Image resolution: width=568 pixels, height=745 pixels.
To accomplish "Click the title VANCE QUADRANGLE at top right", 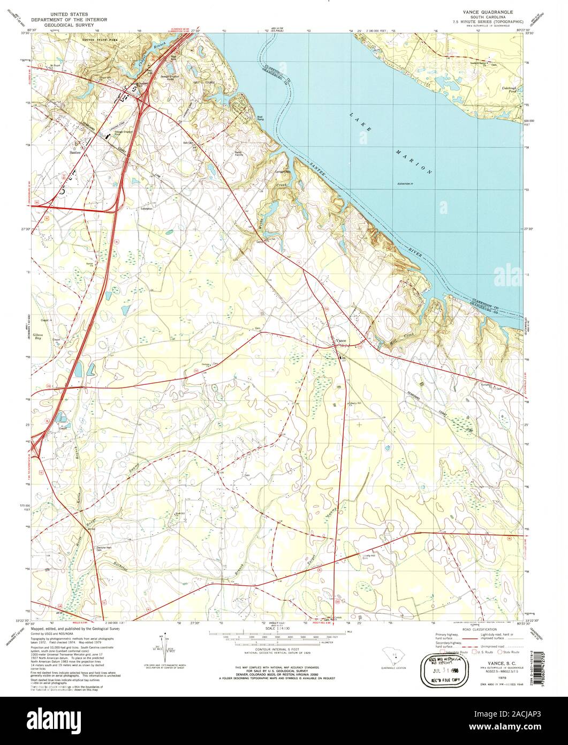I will (x=483, y=11).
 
